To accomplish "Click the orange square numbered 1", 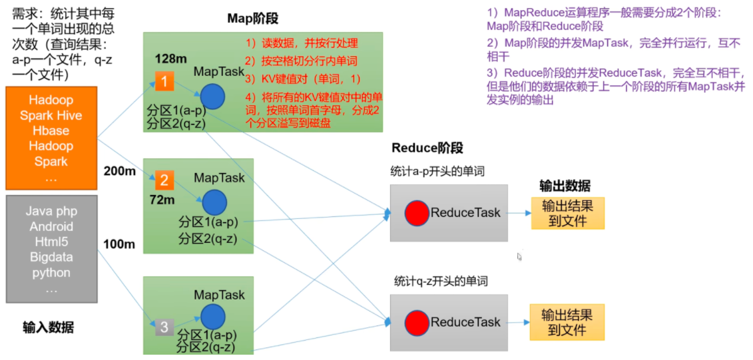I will [164, 81].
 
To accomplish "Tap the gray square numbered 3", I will [164, 327].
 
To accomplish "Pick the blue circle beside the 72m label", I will [214, 202].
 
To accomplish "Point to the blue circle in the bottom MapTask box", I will [213, 316].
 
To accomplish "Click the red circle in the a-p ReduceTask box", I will [417, 213].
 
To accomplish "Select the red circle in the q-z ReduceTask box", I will [417, 322].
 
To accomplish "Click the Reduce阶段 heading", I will [427, 148].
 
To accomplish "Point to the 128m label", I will [170, 59].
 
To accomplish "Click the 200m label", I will [120, 171].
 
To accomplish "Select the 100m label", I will [119, 244].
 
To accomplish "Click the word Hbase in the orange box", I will [51, 130].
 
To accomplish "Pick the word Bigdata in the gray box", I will [51, 257].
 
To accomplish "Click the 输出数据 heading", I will [565, 186].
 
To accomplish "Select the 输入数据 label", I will [48, 327].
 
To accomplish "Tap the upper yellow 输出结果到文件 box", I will [567, 212].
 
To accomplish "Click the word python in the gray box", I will [51, 272].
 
